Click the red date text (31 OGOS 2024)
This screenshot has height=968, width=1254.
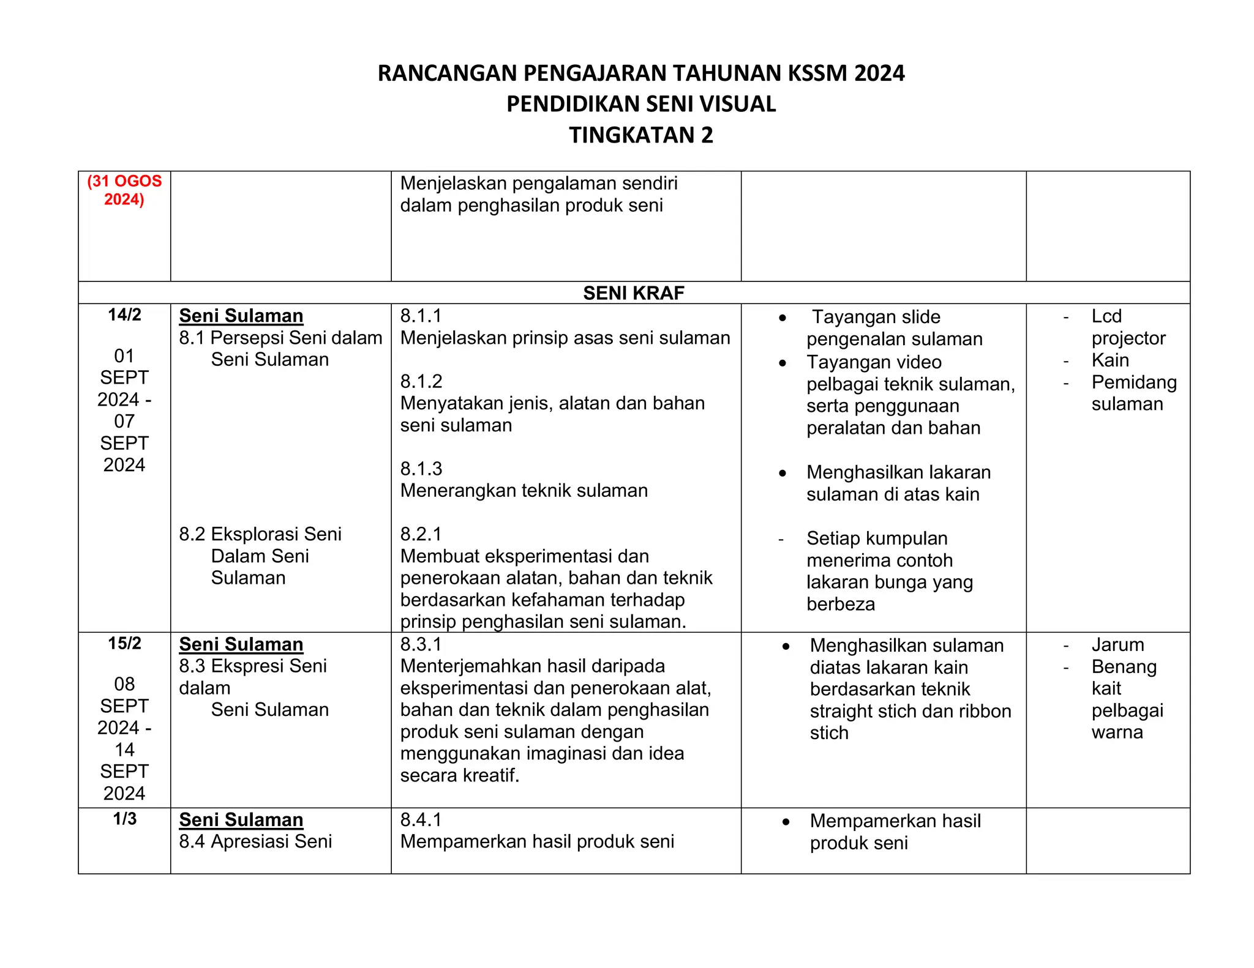click(124, 190)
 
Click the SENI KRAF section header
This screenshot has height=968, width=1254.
click(633, 293)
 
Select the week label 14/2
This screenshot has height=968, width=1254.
click(124, 315)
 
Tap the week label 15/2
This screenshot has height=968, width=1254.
click(124, 644)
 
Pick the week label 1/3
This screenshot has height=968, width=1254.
click(124, 819)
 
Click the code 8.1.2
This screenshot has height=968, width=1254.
click(421, 382)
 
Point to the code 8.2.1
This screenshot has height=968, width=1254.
click(421, 534)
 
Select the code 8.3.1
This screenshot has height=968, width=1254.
click(421, 644)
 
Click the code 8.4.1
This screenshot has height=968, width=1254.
click(421, 820)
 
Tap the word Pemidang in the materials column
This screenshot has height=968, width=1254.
click(1134, 382)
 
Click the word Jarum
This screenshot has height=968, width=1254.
click(1117, 645)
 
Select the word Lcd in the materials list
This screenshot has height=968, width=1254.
click(1106, 316)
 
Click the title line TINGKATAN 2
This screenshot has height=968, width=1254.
click(640, 135)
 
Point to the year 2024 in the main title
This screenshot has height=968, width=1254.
click(879, 73)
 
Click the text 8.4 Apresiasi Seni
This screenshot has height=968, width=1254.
click(255, 842)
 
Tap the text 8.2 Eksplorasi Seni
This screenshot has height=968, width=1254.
click(260, 534)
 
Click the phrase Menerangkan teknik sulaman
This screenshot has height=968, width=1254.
click(524, 491)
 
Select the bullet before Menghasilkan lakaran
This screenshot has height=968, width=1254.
click(783, 473)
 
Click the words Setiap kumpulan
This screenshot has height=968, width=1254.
click(877, 538)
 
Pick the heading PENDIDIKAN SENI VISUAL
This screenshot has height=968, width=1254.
click(640, 104)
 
